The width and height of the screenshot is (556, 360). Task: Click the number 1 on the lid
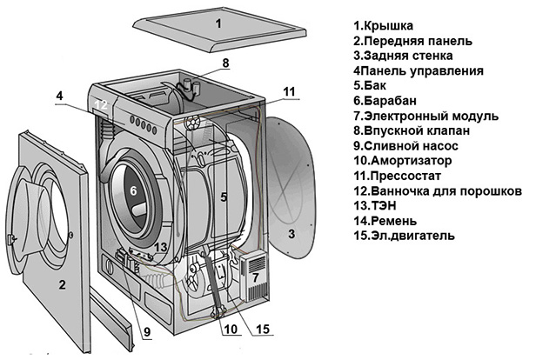[x=218, y=23]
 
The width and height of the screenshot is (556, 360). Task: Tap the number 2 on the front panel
[x=62, y=284]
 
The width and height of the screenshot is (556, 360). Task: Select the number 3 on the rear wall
[x=291, y=234]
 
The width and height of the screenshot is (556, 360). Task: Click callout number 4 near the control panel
[x=59, y=97]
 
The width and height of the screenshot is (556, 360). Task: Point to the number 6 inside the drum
[x=133, y=190]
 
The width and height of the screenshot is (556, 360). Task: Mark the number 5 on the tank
[x=223, y=197]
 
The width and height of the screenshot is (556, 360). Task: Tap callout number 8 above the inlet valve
[x=224, y=63]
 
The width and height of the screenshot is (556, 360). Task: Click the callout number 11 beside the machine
[x=289, y=90]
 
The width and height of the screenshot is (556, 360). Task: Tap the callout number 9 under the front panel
[x=147, y=330]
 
